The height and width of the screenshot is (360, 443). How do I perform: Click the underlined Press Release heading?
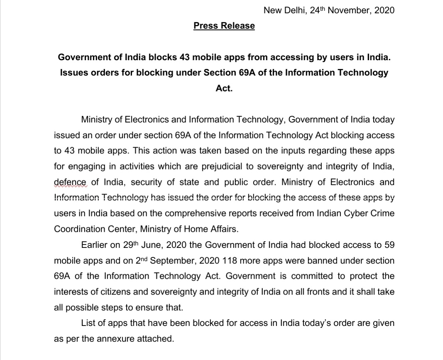coord(224,26)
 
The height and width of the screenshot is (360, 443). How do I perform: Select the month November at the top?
coord(349,10)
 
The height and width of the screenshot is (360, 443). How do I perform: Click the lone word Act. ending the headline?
coord(224,88)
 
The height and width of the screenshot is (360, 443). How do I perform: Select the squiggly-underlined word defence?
coord(70,182)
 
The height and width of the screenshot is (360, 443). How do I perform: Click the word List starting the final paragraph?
coord(88,323)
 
